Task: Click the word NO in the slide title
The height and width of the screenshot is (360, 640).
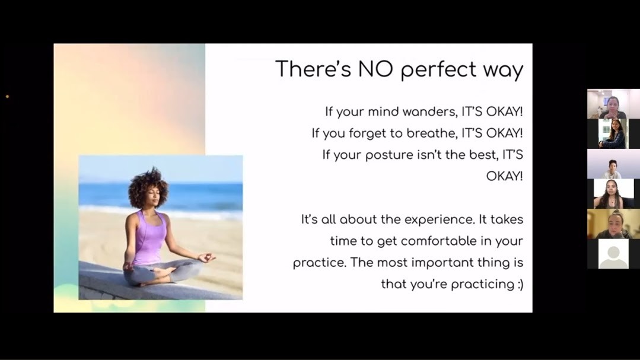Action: coord(375,69)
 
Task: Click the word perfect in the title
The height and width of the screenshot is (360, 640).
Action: coord(438,70)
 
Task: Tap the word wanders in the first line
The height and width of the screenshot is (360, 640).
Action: coord(430,111)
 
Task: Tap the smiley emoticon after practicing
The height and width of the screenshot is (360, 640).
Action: coord(520,284)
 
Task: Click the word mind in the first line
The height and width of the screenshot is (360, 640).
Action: coord(383,111)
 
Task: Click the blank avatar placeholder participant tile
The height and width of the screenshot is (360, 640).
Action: coord(613,254)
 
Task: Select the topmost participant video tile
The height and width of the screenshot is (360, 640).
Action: coord(613,104)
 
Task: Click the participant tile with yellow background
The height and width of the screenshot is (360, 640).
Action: coord(613,224)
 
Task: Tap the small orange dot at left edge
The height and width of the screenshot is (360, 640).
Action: coord(7,97)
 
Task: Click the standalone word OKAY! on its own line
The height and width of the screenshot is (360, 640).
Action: coord(505,176)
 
